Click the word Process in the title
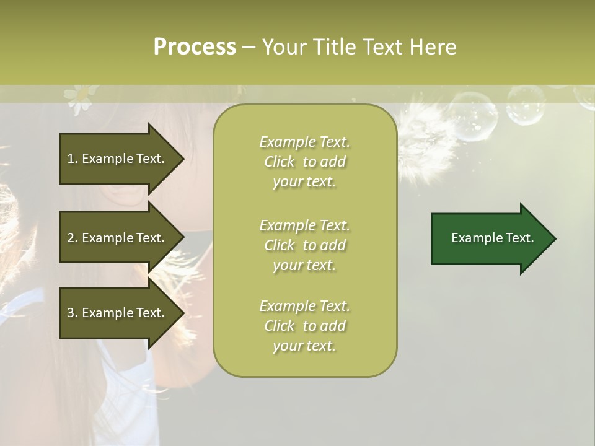coord(195,46)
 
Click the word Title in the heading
coord(335,46)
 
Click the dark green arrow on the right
coord(493,238)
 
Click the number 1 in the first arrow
coord(70,159)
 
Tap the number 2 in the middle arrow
coord(71,238)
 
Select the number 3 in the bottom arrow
coord(71,313)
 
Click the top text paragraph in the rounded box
coord(304,162)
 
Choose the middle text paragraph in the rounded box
coord(304,245)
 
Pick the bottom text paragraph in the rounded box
coord(304,326)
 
